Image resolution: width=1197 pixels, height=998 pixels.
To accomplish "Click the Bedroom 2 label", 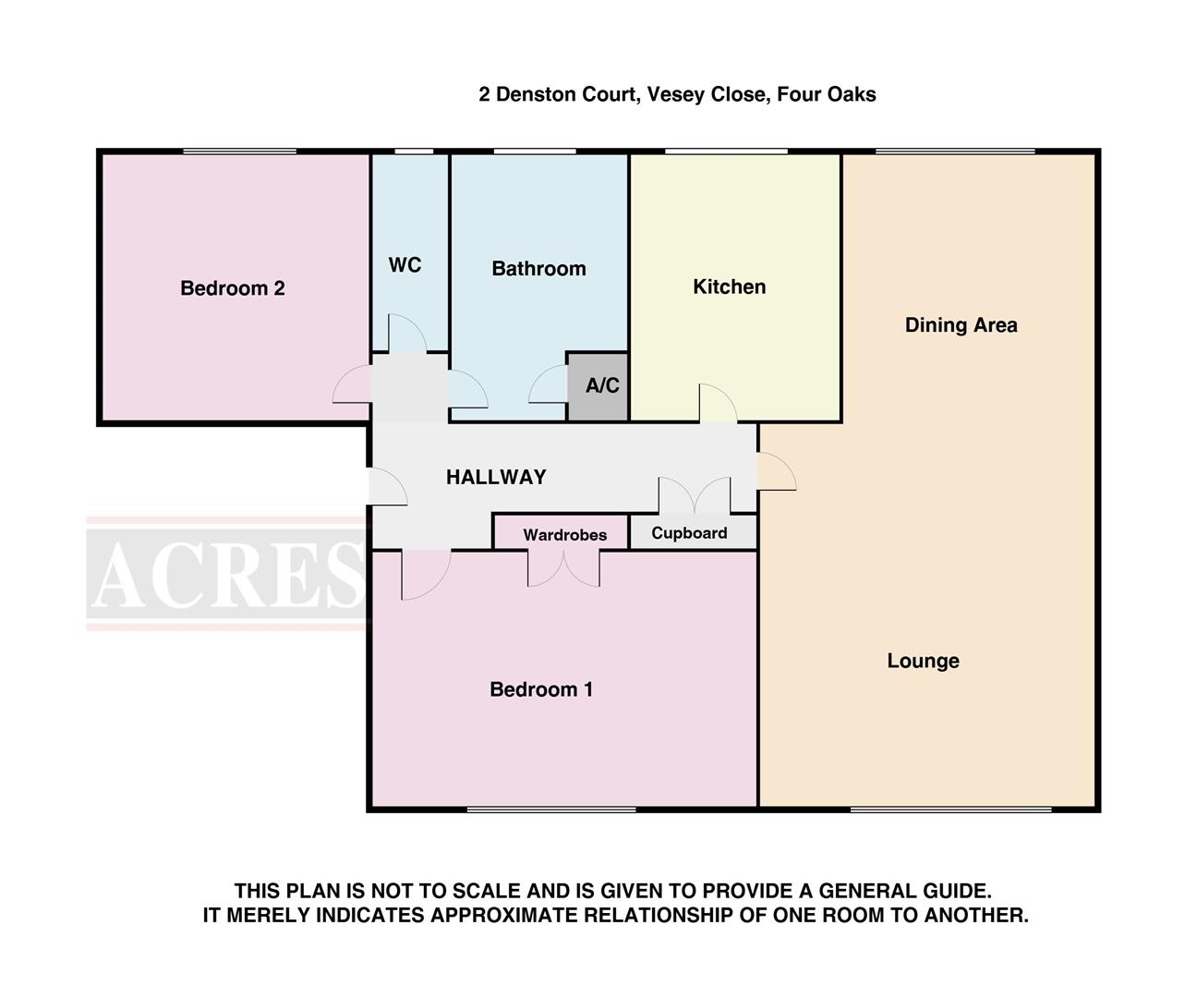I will click(x=232, y=288).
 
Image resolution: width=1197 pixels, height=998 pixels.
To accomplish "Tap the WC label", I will click(x=405, y=265).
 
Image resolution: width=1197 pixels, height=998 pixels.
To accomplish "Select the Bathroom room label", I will click(x=538, y=269).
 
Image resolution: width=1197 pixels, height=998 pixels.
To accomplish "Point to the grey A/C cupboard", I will click(x=598, y=386).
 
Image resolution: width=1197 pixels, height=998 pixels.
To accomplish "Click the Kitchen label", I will click(x=729, y=286).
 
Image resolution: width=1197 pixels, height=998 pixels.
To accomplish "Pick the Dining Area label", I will click(x=961, y=325).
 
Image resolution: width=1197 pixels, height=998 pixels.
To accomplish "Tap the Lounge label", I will click(x=923, y=661).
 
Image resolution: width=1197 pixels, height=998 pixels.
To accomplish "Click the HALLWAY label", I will click(x=496, y=477).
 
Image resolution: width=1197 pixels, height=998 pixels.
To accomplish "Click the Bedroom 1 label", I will click(x=541, y=689).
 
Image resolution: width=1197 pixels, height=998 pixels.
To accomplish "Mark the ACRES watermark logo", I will click(x=227, y=574).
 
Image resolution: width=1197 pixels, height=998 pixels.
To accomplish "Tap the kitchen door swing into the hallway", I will click(x=717, y=404).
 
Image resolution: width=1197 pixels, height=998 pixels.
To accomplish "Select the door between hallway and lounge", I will click(x=776, y=471).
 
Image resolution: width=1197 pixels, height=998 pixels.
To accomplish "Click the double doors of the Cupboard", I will click(x=695, y=496).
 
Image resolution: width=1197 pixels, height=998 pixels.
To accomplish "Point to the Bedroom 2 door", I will click(x=352, y=386).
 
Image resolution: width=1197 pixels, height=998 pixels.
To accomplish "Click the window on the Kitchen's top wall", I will click(x=726, y=152).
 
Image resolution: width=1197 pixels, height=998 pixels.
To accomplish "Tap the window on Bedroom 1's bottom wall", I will click(x=551, y=809).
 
